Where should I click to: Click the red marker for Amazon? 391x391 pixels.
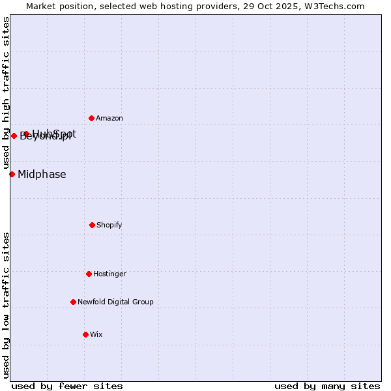(92, 118)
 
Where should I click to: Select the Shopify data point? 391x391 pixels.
(92, 225)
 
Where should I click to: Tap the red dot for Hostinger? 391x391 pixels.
(89, 274)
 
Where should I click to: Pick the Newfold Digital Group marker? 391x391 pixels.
(73, 302)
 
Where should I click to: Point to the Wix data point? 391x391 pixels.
(85, 334)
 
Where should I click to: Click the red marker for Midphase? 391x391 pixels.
(12, 174)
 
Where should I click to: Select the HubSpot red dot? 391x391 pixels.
(27, 134)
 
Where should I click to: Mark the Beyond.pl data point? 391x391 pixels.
(14, 136)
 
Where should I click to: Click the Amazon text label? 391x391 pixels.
(109, 118)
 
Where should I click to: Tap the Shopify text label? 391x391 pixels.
(109, 225)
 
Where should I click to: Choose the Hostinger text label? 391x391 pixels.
(109, 274)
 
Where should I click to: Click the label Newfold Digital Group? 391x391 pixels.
(115, 302)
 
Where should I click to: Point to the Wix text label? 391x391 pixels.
(96, 334)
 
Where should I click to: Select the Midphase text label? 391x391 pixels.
(42, 174)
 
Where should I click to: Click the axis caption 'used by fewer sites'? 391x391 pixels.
(67, 386)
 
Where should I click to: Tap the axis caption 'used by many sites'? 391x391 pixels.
(327, 386)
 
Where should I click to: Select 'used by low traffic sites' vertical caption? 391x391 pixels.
(6, 305)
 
